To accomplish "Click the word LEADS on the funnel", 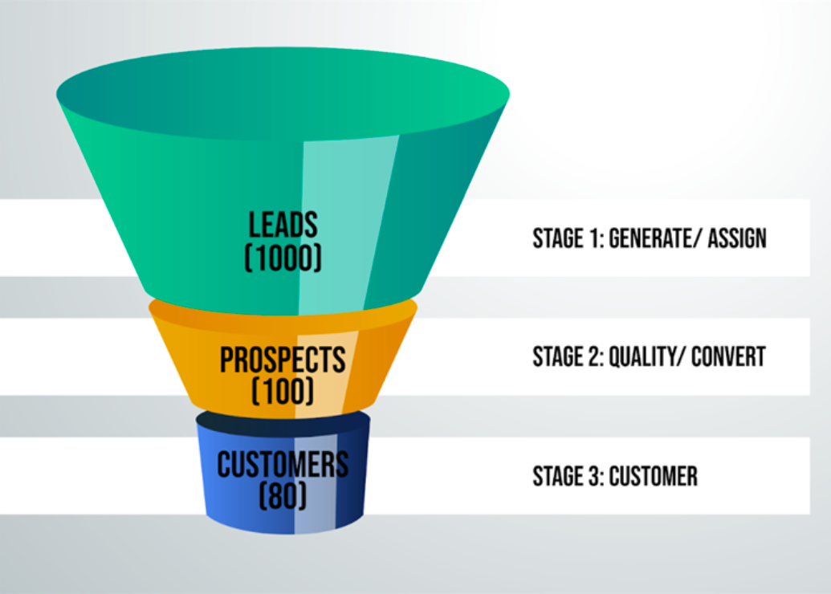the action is (x=283, y=225).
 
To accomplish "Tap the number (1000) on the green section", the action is (x=283, y=258).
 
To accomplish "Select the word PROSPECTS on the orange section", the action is (x=283, y=360).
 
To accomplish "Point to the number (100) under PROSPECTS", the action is (x=283, y=391).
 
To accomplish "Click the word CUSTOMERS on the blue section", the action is (x=283, y=465).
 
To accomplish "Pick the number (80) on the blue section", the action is (x=283, y=496).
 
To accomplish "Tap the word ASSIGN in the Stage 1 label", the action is (x=737, y=238).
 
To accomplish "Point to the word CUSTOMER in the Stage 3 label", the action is (x=653, y=476).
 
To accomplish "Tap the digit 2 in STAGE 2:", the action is (x=595, y=356).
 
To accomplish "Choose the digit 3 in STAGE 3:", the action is (x=595, y=476).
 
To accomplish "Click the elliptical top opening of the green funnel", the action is (x=283, y=95).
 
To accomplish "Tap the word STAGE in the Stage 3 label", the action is (x=558, y=476).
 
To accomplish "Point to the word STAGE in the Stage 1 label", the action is (x=558, y=238).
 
